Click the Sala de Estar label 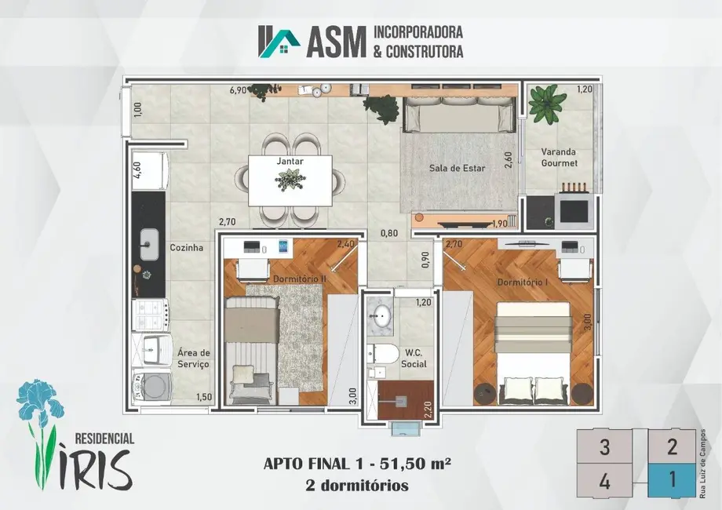click(457, 168)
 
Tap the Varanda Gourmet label click(559, 157)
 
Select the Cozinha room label click(187, 248)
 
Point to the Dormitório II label click(300, 279)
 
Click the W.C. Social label click(414, 358)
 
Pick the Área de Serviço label click(193, 358)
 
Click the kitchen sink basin click(149, 244)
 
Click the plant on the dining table click(290, 179)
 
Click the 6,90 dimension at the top click(238, 91)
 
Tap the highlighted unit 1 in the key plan click(672, 480)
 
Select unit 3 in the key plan click(604, 446)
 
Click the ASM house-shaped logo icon click(279, 42)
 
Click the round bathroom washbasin click(381, 315)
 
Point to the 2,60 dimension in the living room click(509, 160)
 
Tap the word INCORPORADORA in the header click(418, 32)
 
